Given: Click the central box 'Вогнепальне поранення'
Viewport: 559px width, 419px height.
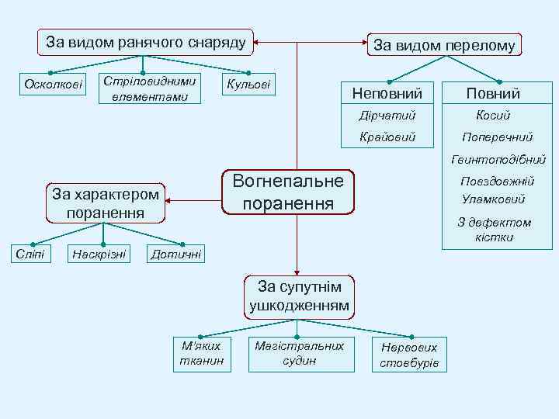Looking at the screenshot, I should (x=288, y=192).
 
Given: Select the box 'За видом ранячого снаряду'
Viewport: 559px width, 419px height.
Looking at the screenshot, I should (x=146, y=42).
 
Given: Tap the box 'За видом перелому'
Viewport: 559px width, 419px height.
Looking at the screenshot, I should (x=444, y=45).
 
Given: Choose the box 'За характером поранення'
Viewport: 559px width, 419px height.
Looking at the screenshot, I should (x=104, y=203).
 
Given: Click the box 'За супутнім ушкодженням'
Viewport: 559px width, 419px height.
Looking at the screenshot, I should (x=299, y=296).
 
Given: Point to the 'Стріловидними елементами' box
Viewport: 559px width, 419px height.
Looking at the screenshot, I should (x=151, y=88).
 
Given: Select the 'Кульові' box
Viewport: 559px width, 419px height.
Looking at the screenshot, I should (x=248, y=84).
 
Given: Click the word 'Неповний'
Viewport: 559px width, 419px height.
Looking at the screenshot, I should (x=387, y=93).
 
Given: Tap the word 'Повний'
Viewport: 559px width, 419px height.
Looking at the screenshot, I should (x=493, y=93).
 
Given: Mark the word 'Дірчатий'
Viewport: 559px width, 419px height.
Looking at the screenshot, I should (x=387, y=115).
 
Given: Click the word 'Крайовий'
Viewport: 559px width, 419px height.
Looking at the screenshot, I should (x=387, y=137).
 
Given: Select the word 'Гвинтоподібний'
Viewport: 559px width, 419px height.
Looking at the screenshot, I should (x=494, y=159).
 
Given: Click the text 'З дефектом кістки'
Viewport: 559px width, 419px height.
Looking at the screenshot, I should (x=494, y=230).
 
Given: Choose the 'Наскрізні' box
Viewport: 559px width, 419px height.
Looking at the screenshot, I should (x=99, y=253).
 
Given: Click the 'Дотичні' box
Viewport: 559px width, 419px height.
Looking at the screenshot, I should (x=176, y=253).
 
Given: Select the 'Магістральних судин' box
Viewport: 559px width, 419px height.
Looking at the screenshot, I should (x=299, y=353).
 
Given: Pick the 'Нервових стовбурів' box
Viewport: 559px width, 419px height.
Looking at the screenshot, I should (x=409, y=355).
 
